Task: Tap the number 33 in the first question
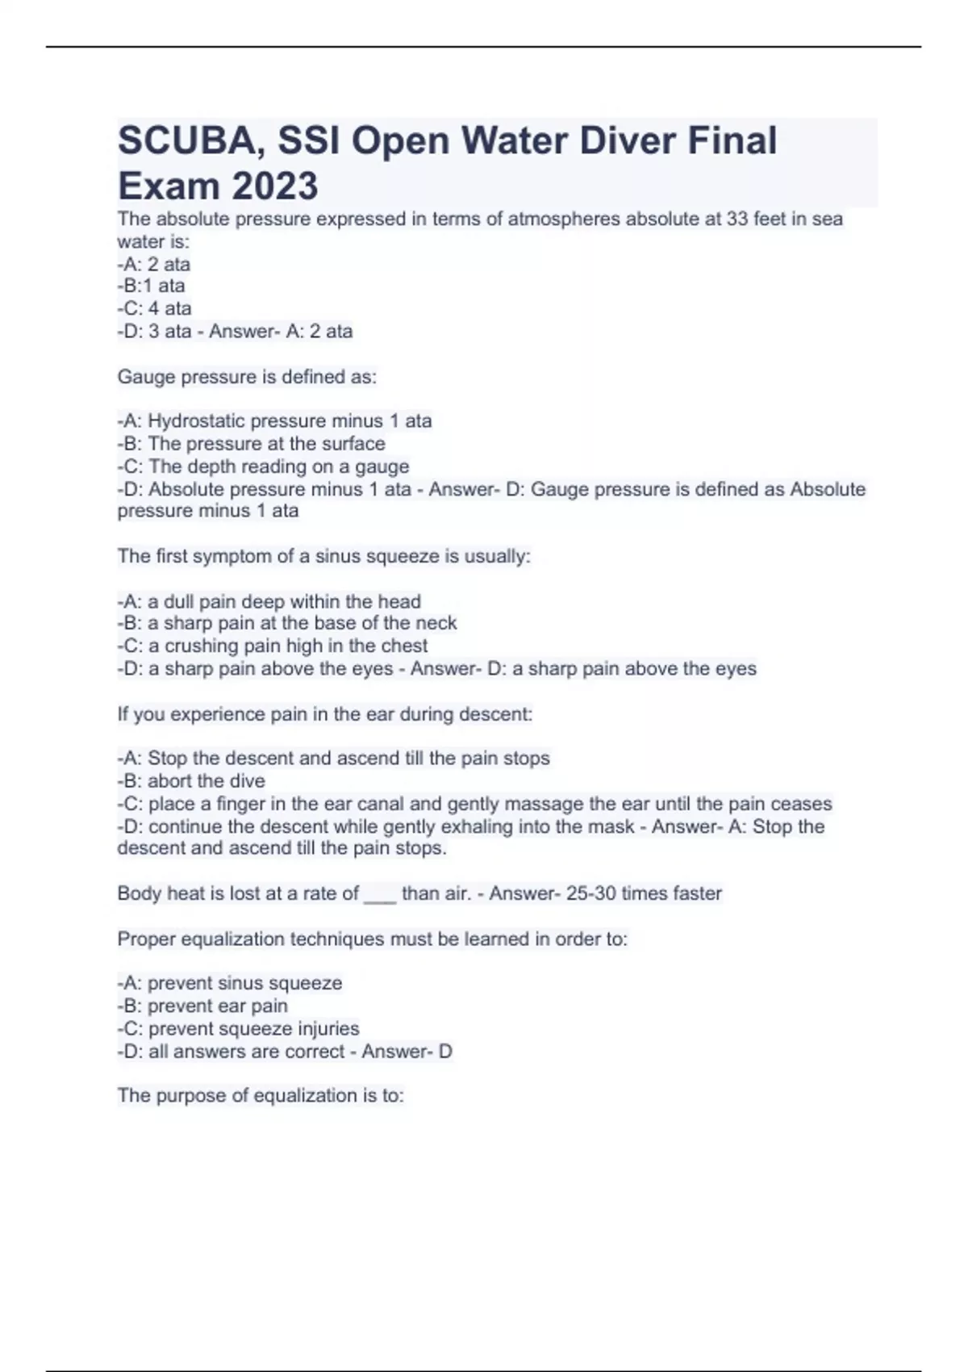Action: coord(737,219)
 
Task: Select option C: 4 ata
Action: coord(154,308)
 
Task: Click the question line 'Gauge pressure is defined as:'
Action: coord(247,377)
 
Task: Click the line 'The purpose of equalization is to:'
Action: coord(261,1095)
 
